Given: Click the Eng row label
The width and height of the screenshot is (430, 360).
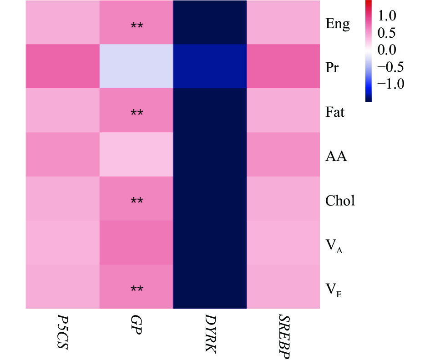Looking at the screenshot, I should pyautogui.click(x=338, y=24).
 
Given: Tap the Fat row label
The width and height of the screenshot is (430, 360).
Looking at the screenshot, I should pyautogui.click(x=335, y=112).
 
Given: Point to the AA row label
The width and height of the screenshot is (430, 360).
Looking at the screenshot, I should pyautogui.click(x=336, y=156).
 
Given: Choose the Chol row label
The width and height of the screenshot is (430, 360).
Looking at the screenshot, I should pyautogui.click(x=340, y=200).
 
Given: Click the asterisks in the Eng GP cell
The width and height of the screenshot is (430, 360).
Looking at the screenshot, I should pyautogui.click(x=137, y=26).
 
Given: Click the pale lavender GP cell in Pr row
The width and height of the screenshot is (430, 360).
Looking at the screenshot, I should pyautogui.click(x=137, y=66).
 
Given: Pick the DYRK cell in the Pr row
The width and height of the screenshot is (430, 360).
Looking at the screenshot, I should pyautogui.click(x=210, y=66).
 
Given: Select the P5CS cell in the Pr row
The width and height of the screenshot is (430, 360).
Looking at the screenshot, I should pyautogui.click(x=62, y=66).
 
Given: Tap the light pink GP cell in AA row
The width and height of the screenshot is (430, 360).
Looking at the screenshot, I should pyautogui.click(x=137, y=155).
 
